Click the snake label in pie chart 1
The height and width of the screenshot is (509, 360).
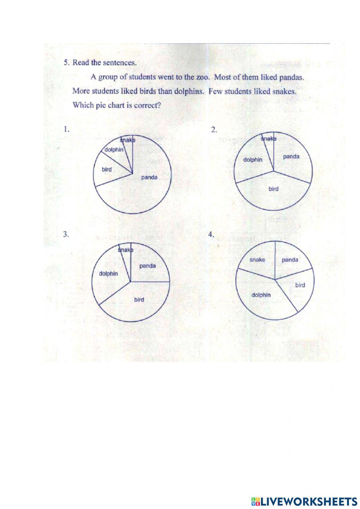[x=128, y=140]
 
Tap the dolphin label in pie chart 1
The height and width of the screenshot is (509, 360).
[x=114, y=149]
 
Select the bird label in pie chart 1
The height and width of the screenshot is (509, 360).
[x=107, y=169]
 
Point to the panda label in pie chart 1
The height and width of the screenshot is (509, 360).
[x=149, y=177]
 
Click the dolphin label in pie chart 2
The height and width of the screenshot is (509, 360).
[x=253, y=160]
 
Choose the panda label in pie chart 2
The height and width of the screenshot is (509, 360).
[x=291, y=156]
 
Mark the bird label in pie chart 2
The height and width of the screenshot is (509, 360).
[x=273, y=188]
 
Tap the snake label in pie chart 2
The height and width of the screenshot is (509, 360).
[x=269, y=139]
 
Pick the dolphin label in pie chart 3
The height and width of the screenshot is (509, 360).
[x=108, y=273]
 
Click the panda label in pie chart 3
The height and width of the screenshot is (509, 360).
[x=148, y=266]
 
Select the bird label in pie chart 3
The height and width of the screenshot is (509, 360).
[x=139, y=299]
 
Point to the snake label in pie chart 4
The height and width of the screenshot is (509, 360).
[x=257, y=260]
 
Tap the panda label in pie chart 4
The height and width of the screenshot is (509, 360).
[x=290, y=260]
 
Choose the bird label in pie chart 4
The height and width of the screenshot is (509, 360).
[x=300, y=285]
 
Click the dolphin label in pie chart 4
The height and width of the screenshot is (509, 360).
[x=261, y=295]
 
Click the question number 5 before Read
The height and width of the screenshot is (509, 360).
[x=66, y=62]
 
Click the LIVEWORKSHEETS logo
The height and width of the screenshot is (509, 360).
[x=304, y=501]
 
